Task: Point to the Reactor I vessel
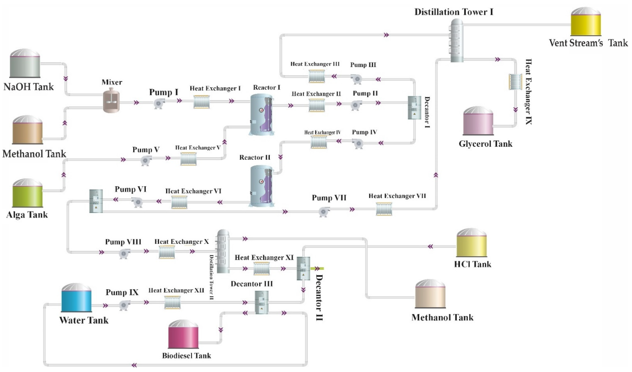(x=262, y=115)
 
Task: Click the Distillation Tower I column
(x=456, y=40)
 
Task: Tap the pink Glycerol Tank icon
(x=478, y=121)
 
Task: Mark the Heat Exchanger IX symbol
(x=515, y=82)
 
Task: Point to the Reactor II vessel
(x=262, y=186)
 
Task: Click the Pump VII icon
(x=324, y=212)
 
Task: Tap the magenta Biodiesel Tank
(x=183, y=334)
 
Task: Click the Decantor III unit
(x=262, y=302)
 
